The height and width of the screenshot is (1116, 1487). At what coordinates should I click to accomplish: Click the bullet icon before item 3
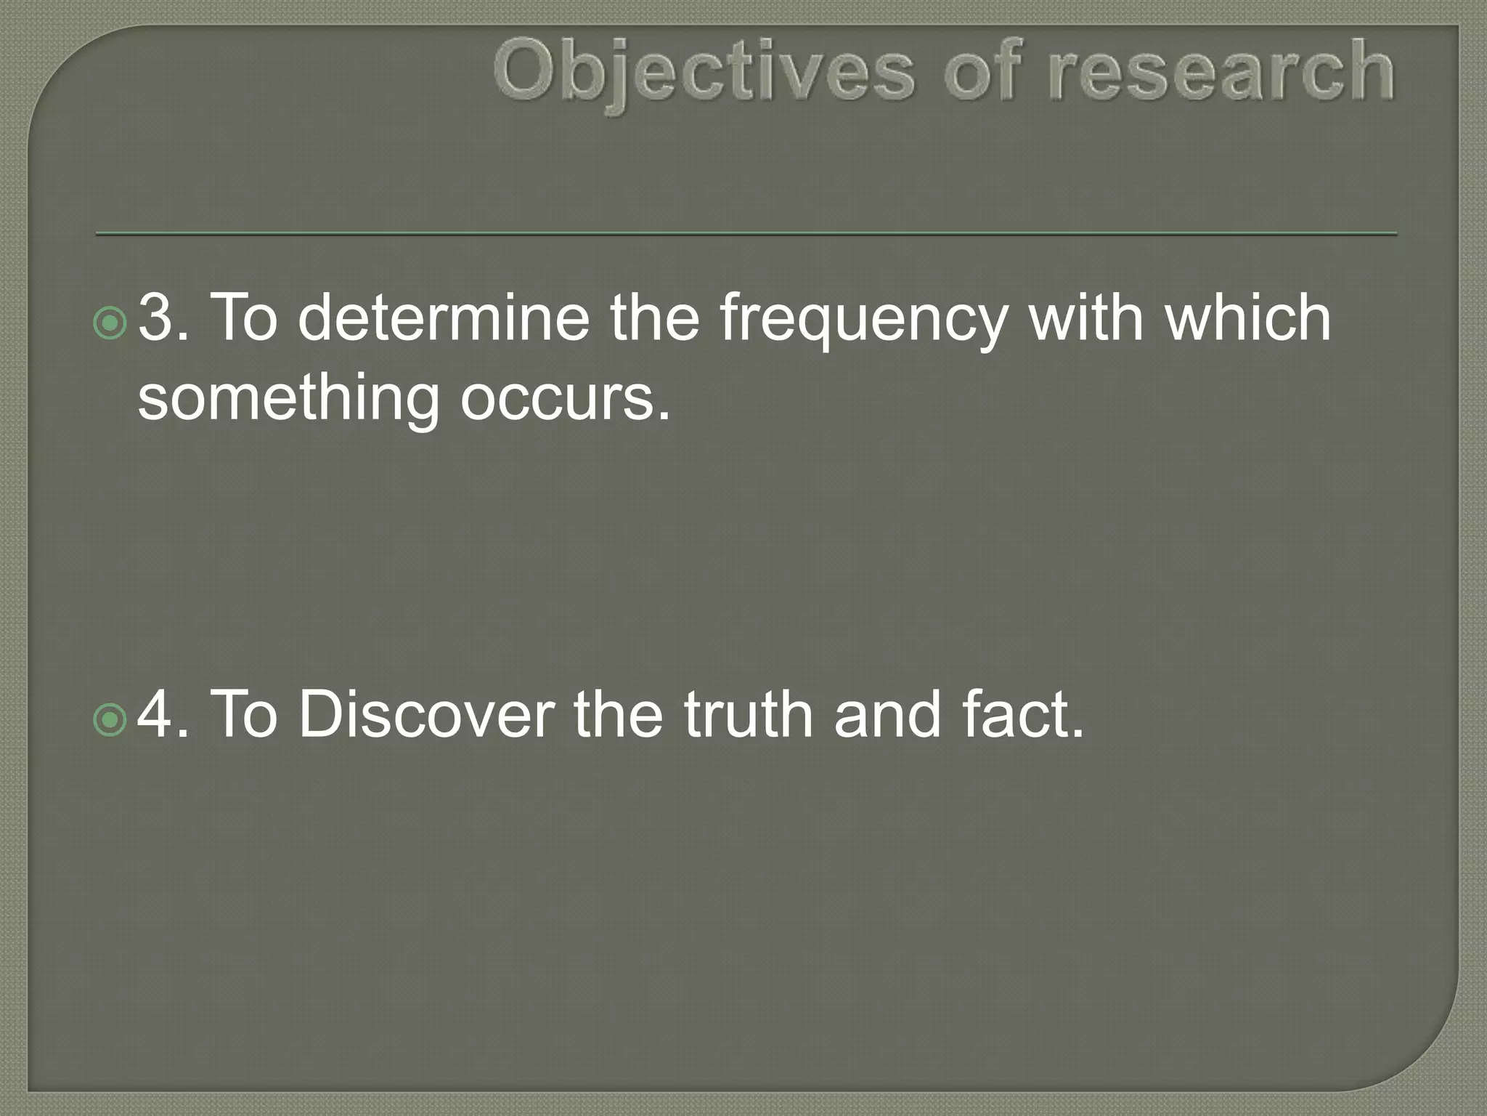coord(110,323)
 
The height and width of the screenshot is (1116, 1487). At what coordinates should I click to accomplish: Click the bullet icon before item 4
coord(110,720)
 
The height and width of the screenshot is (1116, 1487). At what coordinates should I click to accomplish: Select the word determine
coord(443,318)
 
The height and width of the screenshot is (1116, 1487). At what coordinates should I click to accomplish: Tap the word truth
coord(749,715)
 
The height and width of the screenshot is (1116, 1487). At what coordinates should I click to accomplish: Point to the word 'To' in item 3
coord(243,318)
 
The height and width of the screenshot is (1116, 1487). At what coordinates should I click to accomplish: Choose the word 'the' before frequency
coord(653,318)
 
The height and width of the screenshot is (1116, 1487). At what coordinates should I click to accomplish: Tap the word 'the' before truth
coord(618,715)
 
